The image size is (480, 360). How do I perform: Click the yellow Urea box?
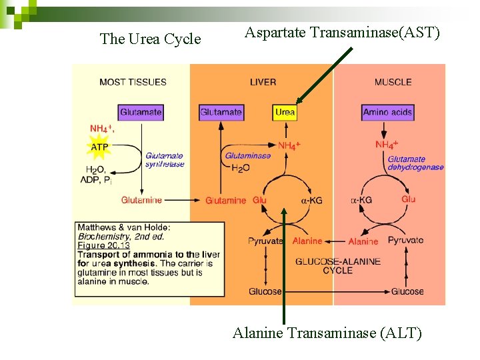pos(285,113)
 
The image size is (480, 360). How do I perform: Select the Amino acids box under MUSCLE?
pos(387,113)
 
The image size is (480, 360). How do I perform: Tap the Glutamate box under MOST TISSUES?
pos(141,113)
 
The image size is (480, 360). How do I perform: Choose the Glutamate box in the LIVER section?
pos(221,113)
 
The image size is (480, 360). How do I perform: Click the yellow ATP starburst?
pos(99,147)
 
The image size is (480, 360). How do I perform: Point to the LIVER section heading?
pos(263,82)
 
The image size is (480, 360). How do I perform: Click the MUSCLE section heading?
pos(393,82)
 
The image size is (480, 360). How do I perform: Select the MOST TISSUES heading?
pos(133,82)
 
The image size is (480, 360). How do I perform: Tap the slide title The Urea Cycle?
pos(150,39)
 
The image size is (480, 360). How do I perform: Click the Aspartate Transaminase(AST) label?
pos(342,32)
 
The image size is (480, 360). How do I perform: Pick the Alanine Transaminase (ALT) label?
pos(327,333)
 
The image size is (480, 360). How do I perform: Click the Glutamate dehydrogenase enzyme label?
pos(415,163)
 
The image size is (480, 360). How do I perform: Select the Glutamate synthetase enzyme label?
pos(165,160)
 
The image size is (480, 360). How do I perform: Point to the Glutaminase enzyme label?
pos(248,156)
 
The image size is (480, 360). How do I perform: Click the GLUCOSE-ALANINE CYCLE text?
pos(337,266)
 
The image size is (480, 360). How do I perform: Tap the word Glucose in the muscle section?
pos(407,291)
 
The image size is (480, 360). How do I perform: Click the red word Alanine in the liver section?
pos(307,241)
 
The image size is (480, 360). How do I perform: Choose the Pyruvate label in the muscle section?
pos(405,240)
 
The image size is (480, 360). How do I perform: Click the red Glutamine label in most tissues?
pos(141,200)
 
